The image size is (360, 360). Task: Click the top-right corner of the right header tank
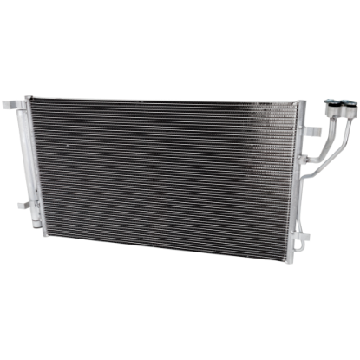pos(304,102)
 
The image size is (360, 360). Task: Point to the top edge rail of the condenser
pos(165,99)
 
